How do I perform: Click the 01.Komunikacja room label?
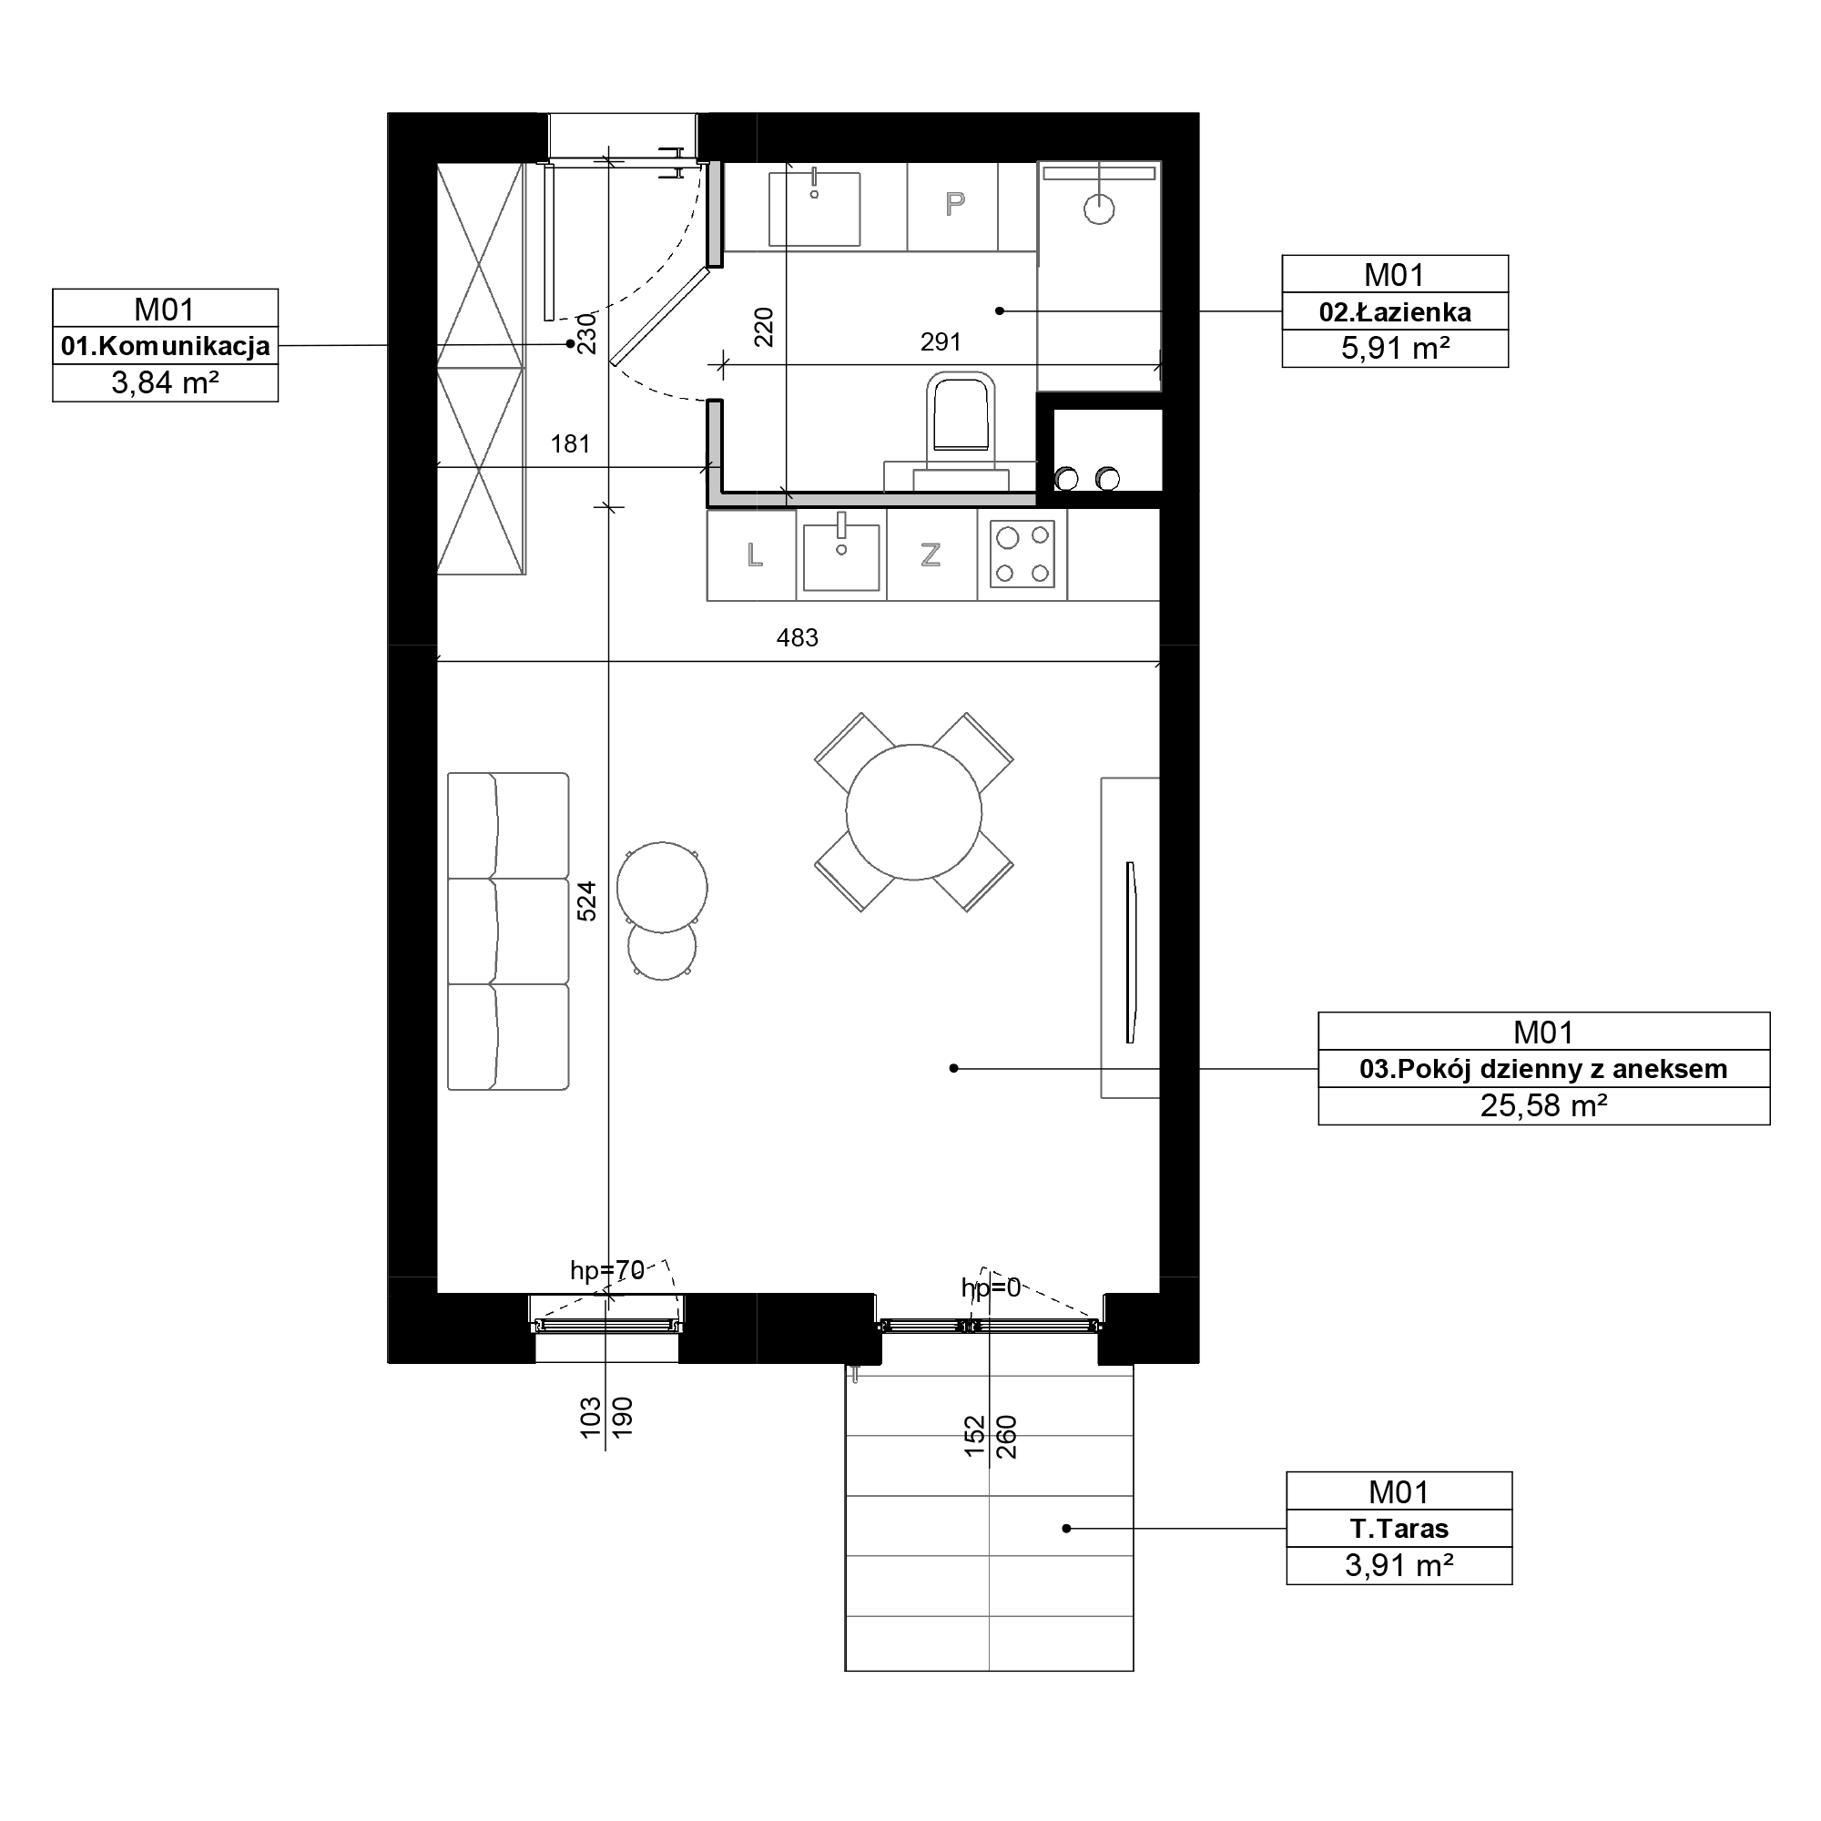tap(165, 346)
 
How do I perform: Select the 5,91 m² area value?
tap(1395, 349)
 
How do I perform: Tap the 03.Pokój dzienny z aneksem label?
tap(1543, 1069)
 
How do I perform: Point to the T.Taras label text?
tap(1399, 1528)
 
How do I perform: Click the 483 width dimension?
tap(798, 638)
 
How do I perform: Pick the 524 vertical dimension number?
tap(586, 901)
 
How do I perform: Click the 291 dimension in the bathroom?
tap(941, 342)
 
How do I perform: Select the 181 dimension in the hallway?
tap(570, 444)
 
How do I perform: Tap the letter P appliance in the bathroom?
tap(955, 204)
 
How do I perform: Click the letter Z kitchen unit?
tap(931, 555)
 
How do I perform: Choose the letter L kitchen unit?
tap(754, 555)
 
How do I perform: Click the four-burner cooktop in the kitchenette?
tap(1022, 554)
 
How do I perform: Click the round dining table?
tap(913, 812)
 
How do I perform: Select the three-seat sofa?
tap(508, 931)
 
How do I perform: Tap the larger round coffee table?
tap(663, 887)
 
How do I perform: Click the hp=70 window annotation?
tap(607, 1271)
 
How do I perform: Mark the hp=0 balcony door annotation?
tap(991, 1288)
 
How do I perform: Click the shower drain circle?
tap(1099, 209)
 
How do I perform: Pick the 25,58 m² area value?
tap(1543, 1105)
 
